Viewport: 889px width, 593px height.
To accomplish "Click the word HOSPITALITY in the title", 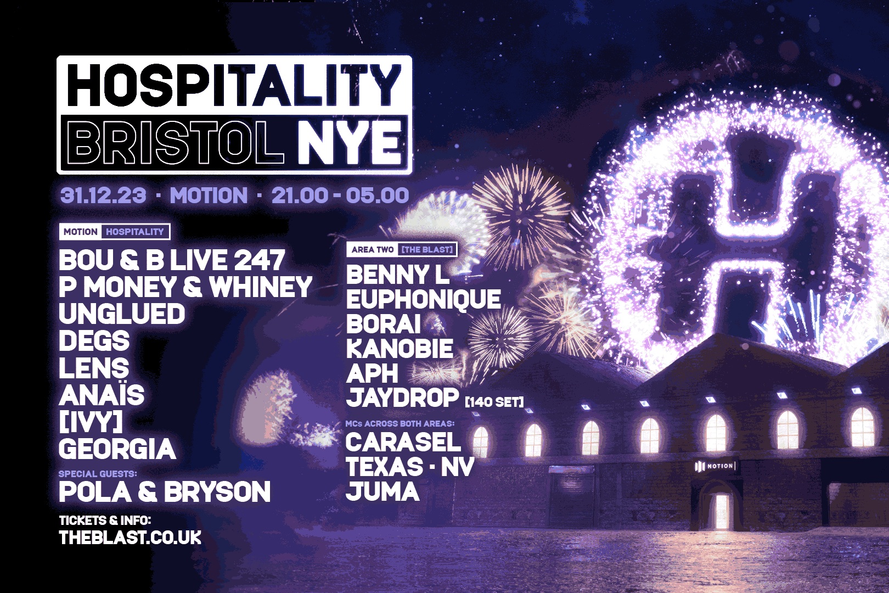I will click(x=234, y=85).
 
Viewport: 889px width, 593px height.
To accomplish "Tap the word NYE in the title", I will click(x=351, y=143).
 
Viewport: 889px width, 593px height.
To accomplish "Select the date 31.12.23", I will click(x=103, y=195).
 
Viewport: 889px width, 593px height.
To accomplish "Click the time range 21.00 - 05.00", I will click(x=340, y=195).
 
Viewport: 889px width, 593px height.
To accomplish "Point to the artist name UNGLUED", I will click(x=122, y=314).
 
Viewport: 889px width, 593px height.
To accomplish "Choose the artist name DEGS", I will click(x=94, y=341).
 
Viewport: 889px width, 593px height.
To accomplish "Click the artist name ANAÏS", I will click(x=102, y=395).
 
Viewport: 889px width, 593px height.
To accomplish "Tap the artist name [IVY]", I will click(x=91, y=422).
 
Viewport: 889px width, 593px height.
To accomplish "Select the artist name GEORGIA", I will click(x=117, y=449).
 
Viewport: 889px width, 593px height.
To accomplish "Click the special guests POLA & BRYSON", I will click(x=165, y=492).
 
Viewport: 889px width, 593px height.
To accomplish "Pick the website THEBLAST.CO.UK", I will click(x=130, y=538).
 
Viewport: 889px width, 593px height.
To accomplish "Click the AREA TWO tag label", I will click(x=373, y=250).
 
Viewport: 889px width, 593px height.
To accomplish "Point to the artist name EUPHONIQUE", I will click(x=423, y=300).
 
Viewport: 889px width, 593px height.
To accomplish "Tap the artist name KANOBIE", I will click(x=400, y=349).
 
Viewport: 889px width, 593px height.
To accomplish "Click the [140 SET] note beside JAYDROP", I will click(x=494, y=402).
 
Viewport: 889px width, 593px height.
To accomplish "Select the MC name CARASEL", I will click(x=403, y=443).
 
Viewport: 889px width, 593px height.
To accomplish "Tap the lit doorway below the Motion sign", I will click(x=722, y=511).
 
